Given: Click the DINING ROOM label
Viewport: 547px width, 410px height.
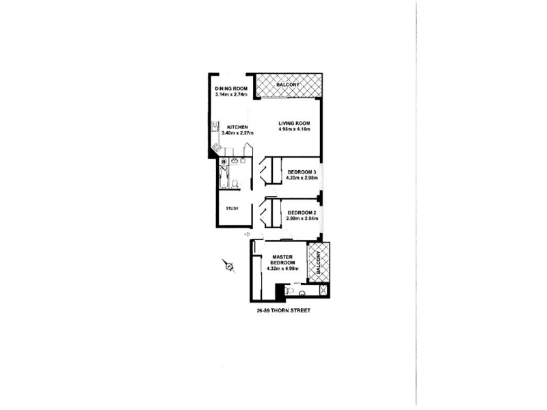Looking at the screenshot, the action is pos(231,89).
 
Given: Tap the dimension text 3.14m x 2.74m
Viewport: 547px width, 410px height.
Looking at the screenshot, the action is pos(231,94).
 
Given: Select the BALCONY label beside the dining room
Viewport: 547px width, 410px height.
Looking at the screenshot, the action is pos(288,85).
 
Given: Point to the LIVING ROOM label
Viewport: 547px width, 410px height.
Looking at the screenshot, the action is pos(294,123).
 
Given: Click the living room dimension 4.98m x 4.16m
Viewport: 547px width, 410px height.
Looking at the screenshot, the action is pos(294,129).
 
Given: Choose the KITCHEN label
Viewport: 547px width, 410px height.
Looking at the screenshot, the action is pos(237,127).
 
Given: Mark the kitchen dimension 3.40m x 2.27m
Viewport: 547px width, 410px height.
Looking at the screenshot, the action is pos(237,133).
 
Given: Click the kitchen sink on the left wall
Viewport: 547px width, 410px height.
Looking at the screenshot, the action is pos(215,126).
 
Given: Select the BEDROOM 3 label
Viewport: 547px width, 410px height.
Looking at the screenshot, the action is pos(302,172).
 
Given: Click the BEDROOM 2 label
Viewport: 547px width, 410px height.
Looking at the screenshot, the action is pos(302,213).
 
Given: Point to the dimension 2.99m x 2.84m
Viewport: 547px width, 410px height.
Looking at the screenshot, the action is pos(302,219).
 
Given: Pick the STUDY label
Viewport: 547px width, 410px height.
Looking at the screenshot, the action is pos(232,208).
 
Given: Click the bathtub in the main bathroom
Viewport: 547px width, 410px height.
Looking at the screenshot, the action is pos(224,177).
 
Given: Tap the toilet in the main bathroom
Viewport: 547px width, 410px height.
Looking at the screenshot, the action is pos(235,183).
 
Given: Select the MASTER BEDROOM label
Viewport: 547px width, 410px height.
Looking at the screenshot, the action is pos(283,260).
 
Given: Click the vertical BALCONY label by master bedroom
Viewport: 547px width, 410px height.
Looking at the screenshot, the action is pos(318,262).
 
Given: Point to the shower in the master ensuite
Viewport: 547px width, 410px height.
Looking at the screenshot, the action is pos(324,290).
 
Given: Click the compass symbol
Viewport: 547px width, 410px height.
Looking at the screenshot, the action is pos(229,266).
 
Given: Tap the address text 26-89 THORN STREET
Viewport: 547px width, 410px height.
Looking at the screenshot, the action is pos(283,310).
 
